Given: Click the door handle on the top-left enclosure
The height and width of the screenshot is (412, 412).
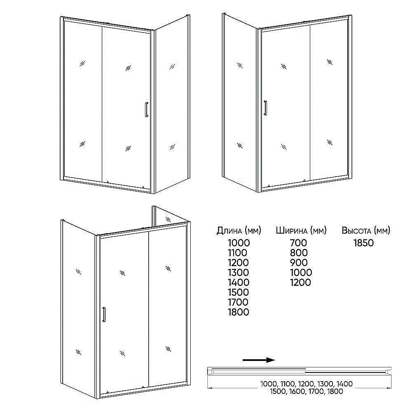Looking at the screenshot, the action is tap(147, 109).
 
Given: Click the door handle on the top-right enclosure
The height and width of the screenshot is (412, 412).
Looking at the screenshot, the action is tap(266, 108).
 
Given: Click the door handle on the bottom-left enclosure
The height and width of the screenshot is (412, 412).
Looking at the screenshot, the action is tap(104, 314).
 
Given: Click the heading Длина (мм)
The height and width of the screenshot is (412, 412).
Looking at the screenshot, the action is tap(239, 230).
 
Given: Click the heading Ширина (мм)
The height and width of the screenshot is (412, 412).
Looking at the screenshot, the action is tap(301, 230).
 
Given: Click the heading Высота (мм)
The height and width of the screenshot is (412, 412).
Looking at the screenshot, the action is tap(366, 230).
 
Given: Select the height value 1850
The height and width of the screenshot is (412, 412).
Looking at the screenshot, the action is tap(364, 243).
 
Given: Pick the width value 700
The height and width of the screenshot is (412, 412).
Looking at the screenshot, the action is tap(298, 243).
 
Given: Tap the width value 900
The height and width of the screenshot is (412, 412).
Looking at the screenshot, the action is tap(299, 263).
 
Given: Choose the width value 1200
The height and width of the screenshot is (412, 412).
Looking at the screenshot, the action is tap(301, 283).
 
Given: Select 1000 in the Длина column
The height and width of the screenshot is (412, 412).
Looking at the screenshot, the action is tap(239, 243).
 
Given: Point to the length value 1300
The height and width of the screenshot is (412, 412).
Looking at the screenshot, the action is tap(238, 272).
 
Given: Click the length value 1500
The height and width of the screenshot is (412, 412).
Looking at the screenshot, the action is tap(238, 292).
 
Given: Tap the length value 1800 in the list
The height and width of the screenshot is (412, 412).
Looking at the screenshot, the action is tap(239, 312).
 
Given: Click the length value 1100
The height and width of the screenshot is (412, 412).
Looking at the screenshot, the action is tap(238, 253).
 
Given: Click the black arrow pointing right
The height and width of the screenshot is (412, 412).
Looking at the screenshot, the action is tap(259, 360).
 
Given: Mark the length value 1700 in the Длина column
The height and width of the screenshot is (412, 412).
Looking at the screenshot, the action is tap(238, 302).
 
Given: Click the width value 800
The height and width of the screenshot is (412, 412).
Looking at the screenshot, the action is tap(299, 253).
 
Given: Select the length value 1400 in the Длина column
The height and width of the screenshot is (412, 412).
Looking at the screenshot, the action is tap(239, 283).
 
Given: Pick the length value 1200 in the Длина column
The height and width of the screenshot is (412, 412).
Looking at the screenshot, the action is tap(238, 263).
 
